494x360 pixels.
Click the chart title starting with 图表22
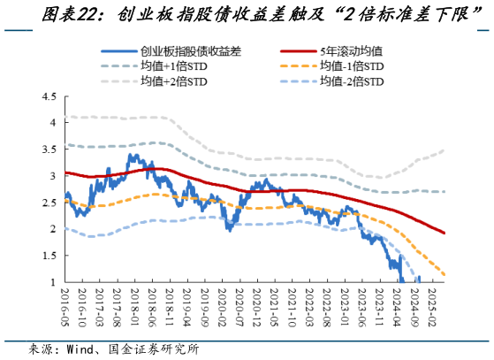pyautogui.click(x=247, y=14)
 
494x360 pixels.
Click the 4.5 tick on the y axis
pyautogui.click(x=49, y=96)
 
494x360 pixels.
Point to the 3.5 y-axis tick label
pyautogui.click(x=49, y=149)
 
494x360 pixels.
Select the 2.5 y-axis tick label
pyautogui.click(x=49, y=203)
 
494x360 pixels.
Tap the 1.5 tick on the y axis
pyautogui.click(x=49, y=256)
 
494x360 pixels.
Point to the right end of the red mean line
pyautogui.click(x=444, y=234)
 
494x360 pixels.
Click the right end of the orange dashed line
pyautogui.click(x=444, y=275)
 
